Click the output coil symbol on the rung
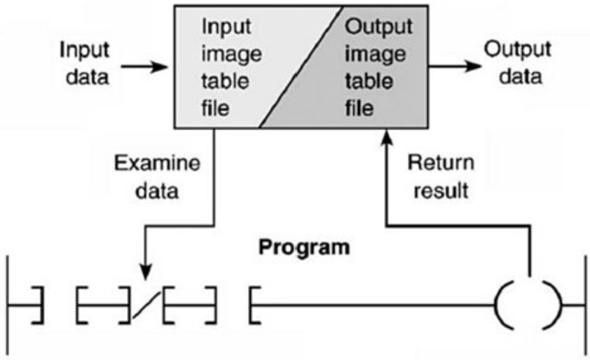[528, 305]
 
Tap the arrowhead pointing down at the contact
[145, 270]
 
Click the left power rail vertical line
[8, 305]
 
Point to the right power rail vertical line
[583, 305]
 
